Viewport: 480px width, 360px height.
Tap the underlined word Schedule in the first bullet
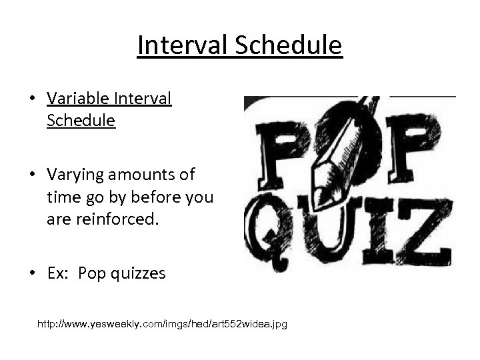click(81, 121)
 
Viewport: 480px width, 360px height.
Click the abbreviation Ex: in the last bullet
click(59, 273)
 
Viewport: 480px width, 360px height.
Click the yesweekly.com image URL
click(163, 324)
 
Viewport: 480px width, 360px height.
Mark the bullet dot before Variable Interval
click(32, 100)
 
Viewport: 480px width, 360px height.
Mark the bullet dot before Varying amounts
click(32, 175)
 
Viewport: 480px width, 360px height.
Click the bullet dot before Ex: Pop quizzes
click(32, 274)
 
